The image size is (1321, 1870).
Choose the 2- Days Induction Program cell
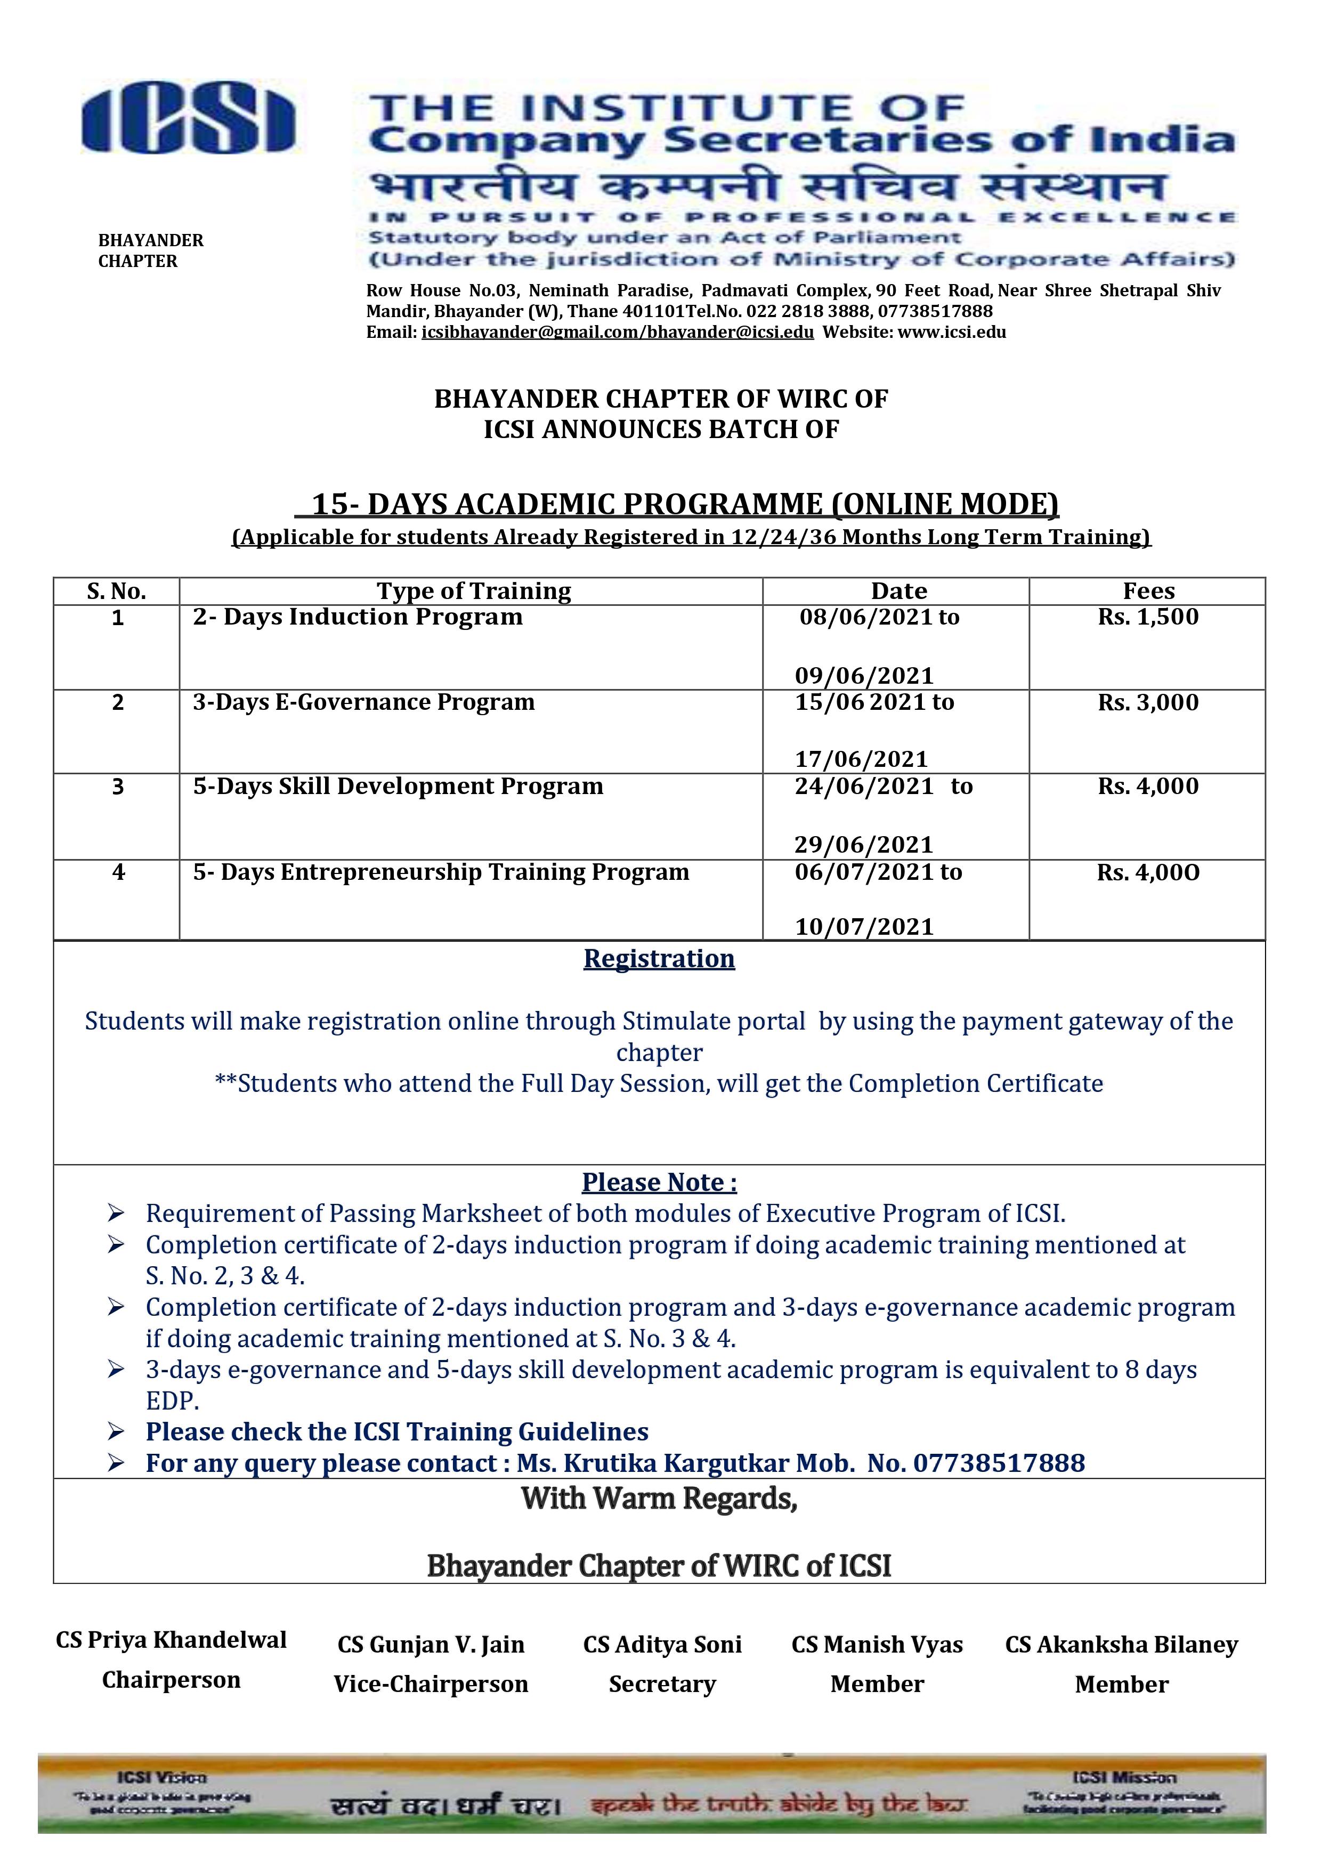pyautogui.click(x=358, y=617)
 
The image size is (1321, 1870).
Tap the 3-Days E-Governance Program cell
pyautogui.click(x=363, y=703)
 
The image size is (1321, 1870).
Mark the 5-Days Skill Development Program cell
pyautogui.click(x=398, y=787)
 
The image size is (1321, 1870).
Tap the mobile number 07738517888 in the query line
pyautogui.click(x=999, y=1463)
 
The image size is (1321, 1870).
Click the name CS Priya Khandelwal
pyautogui.click(x=171, y=1639)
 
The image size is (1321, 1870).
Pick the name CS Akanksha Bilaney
pyautogui.click(x=1122, y=1645)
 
